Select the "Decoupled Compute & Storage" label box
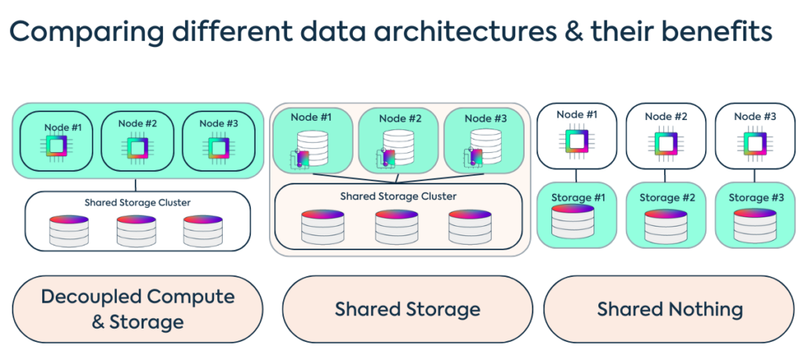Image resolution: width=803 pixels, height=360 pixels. (137, 308)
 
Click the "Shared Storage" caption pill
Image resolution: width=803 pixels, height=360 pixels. (407, 309)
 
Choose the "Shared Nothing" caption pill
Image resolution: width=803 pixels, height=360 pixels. (670, 309)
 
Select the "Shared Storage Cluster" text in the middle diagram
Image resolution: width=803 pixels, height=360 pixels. (398, 196)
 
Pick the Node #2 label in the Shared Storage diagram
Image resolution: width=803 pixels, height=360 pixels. (401, 118)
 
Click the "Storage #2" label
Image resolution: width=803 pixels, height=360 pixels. (666, 198)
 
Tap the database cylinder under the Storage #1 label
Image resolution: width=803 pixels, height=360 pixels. (576, 224)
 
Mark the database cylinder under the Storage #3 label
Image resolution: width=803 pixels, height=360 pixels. (755, 224)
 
